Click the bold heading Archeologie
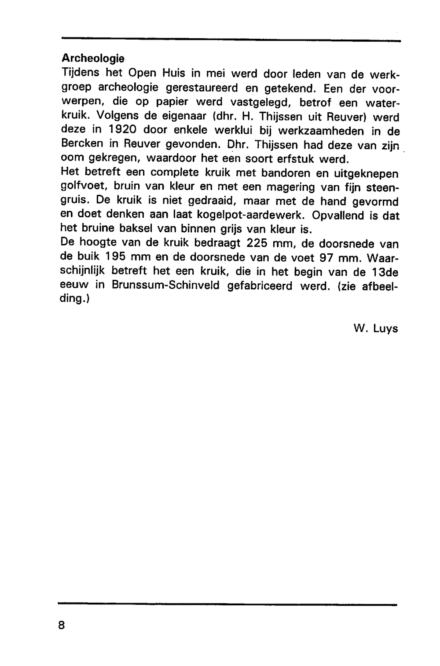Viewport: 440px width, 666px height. click(93, 59)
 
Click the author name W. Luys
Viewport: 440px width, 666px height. click(375, 328)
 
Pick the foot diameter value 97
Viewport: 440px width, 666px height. click(323, 258)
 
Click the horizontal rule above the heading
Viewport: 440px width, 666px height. click(231, 41)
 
